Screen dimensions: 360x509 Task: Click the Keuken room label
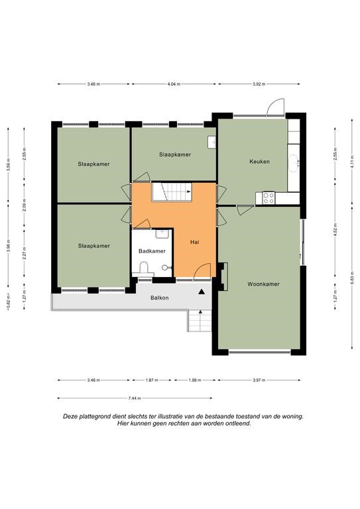pyautogui.click(x=259, y=161)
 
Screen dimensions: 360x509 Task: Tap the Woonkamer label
pyautogui.click(x=263, y=284)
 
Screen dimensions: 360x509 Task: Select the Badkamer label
pyautogui.click(x=152, y=251)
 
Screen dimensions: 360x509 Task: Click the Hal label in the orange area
pyautogui.click(x=195, y=242)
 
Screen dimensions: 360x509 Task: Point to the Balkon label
pyautogui.click(x=159, y=298)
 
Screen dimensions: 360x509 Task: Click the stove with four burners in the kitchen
pyautogui.click(x=269, y=198)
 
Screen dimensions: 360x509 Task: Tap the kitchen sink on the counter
pyautogui.click(x=294, y=162)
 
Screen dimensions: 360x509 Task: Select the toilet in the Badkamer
pyautogui.click(x=143, y=269)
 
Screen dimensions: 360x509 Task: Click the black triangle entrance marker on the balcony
pyautogui.click(x=202, y=292)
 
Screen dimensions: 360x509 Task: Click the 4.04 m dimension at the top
pyautogui.click(x=174, y=84)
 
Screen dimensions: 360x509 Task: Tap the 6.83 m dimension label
pyautogui.click(x=352, y=278)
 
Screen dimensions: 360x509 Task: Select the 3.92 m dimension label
pyautogui.click(x=259, y=84)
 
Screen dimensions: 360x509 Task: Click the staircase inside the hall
pyautogui.click(x=172, y=192)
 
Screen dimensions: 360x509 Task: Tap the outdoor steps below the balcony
pyautogui.click(x=200, y=320)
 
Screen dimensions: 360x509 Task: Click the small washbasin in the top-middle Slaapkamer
pyautogui.click(x=211, y=142)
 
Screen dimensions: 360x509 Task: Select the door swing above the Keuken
pyautogui.click(x=275, y=107)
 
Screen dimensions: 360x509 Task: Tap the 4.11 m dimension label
pyautogui.click(x=352, y=162)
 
